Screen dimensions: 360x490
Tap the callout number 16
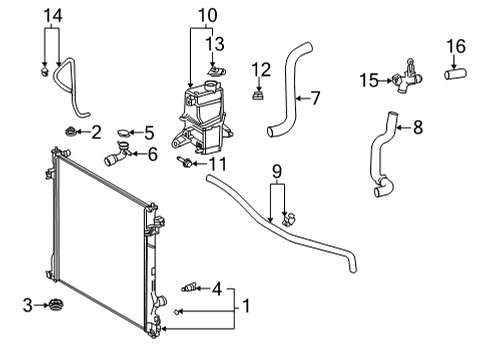pyautogui.click(x=455, y=45)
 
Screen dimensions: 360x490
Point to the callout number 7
pyautogui.click(x=314, y=98)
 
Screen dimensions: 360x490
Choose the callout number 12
pyautogui.click(x=261, y=68)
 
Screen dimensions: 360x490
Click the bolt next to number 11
pyautogui.click(x=184, y=162)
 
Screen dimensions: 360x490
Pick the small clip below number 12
pyautogui.click(x=260, y=96)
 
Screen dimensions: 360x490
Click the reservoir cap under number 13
pyautogui.click(x=215, y=70)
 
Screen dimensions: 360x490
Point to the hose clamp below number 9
pyautogui.click(x=289, y=217)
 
